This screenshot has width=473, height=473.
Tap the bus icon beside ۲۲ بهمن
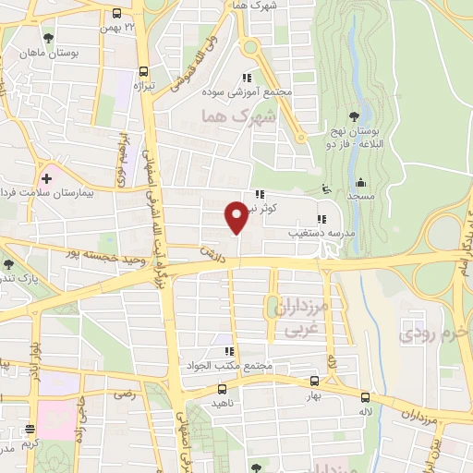[117, 14]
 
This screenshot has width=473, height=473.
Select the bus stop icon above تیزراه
[143, 71]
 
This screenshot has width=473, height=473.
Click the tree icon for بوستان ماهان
[48, 39]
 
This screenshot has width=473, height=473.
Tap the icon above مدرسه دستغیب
[321, 220]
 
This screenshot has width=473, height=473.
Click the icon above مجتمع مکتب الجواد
[228, 352]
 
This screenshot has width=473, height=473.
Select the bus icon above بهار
[315, 380]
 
